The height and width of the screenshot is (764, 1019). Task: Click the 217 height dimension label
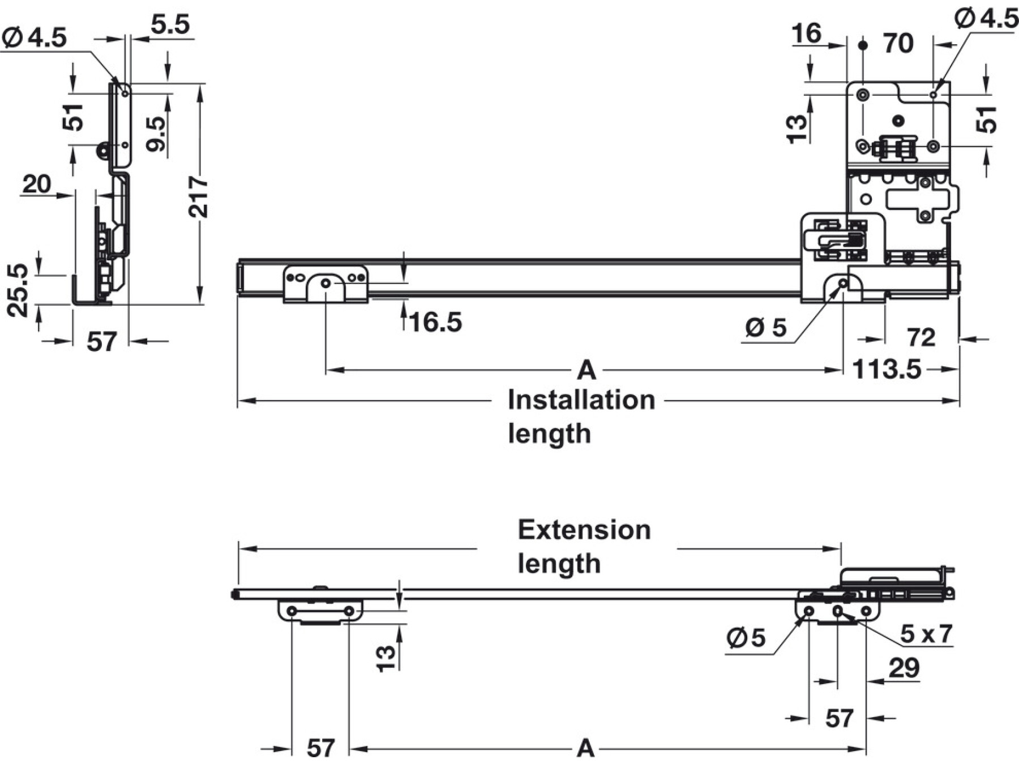click(199, 196)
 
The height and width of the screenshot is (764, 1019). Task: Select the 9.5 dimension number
click(156, 134)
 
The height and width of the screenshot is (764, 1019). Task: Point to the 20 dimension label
click(37, 184)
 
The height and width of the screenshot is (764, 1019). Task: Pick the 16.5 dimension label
click(435, 323)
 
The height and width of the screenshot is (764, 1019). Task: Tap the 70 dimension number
click(898, 44)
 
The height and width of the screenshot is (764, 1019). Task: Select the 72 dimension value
click(921, 338)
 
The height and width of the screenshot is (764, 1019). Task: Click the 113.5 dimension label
click(887, 370)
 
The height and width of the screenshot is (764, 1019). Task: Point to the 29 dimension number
click(904, 668)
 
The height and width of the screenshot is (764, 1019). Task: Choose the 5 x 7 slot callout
click(926, 634)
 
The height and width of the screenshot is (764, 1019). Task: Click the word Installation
click(581, 400)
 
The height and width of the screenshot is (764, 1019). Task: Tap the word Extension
click(584, 530)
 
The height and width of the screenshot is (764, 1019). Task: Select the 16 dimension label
click(807, 33)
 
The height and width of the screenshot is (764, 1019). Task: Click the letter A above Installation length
click(586, 371)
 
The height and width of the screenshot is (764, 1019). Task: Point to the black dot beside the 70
click(862, 44)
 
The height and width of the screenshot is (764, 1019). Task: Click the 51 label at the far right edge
click(988, 119)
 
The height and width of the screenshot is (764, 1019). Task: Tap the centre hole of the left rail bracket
click(326, 282)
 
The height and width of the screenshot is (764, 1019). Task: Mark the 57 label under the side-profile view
click(101, 342)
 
